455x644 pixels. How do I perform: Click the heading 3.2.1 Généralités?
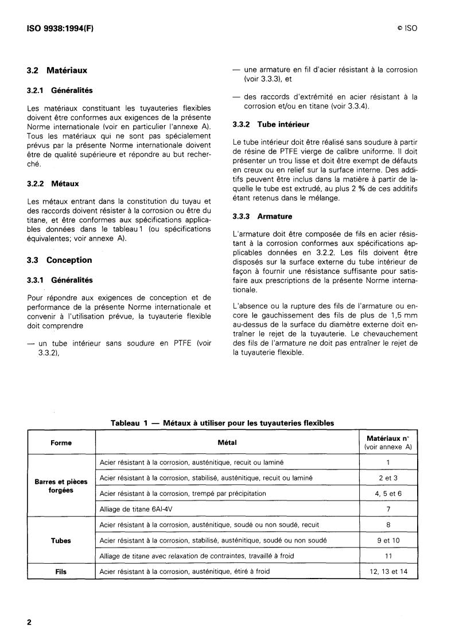click(60, 91)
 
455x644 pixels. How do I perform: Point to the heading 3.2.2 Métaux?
click(53, 184)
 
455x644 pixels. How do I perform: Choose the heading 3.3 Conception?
click(60, 260)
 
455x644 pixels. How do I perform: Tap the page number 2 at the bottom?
click(29, 622)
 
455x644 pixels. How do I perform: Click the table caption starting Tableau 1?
click(222, 422)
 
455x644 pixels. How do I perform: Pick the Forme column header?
click(61, 443)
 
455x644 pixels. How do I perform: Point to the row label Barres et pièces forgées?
click(61, 486)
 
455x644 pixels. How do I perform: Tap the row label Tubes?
click(61, 540)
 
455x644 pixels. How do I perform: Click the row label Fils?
click(61, 571)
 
